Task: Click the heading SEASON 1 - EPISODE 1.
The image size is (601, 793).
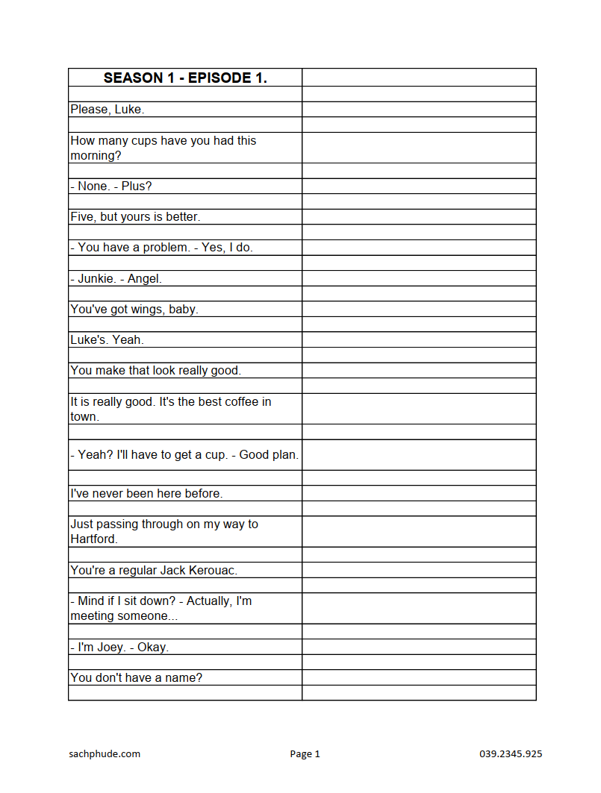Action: [x=185, y=78]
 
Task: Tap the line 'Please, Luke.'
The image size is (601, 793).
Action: [x=108, y=110]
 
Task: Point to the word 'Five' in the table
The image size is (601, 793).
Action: [x=82, y=217]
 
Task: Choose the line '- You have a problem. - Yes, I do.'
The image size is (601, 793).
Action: [x=162, y=248]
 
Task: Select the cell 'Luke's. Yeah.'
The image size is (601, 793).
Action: [x=107, y=340]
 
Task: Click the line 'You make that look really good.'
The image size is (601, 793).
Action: [x=156, y=371]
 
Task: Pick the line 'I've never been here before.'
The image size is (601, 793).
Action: [x=146, y=494]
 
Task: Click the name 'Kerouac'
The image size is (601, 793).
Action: [x=212, y=571]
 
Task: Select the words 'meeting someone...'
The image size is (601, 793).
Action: [x=119, y=616]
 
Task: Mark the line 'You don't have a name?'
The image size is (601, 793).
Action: [x=137, y=678]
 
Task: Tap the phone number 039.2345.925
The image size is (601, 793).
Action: [x=511, y=754]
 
